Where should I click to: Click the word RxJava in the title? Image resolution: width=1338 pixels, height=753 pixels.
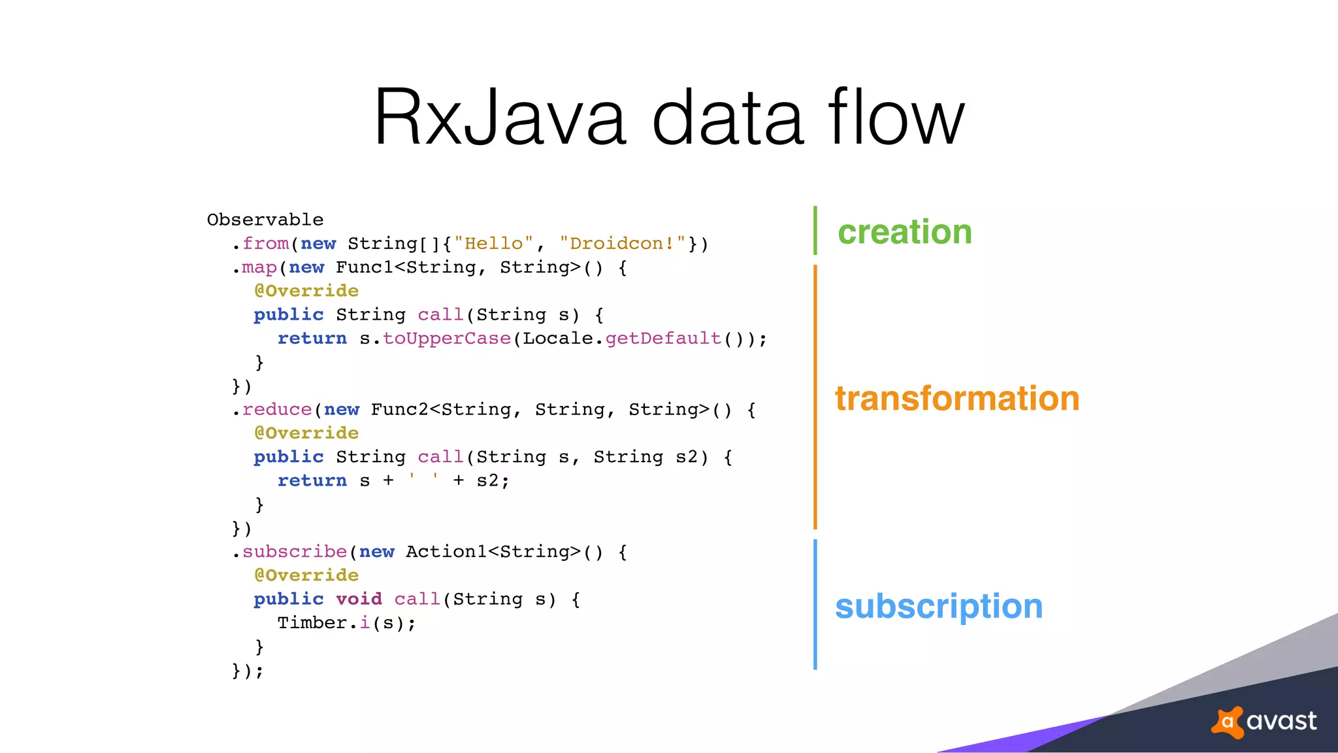[x=500, y=118]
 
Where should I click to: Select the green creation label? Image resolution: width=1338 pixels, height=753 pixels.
[x=905, y=232]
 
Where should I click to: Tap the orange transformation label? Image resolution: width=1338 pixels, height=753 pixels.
[x=957, y=398]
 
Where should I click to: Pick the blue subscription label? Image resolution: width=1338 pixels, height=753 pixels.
[x=939, y=606]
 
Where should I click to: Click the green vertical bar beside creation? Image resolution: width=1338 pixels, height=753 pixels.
[x=815, y=230]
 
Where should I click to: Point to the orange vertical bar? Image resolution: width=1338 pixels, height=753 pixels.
[x=815, y=397]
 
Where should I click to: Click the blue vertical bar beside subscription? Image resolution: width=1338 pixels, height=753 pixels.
[x=815, y=604]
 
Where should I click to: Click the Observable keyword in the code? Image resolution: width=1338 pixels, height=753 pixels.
[x=265, y=220]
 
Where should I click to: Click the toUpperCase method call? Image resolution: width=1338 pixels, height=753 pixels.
[x=447, y=339]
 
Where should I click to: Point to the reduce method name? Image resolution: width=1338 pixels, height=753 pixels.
[x=277, y=410]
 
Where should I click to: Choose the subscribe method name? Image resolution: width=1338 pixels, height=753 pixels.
[x=295, y=552]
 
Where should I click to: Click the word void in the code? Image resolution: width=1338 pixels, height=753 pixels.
[x=359, y=599]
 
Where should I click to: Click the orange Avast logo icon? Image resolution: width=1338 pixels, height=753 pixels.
[x=1228, y=722]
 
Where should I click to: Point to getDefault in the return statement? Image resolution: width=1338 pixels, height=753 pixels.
[x=663, y=339]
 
